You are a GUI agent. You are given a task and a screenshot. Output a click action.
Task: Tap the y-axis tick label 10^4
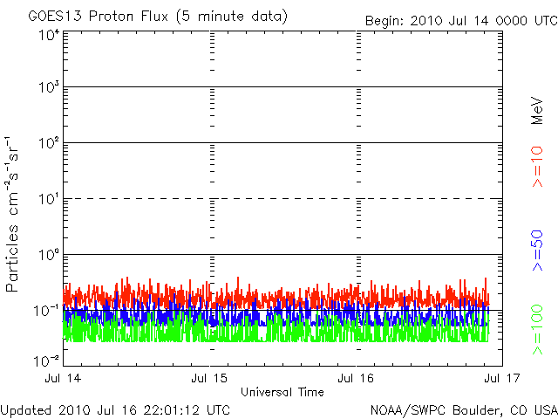(x=48, y=35)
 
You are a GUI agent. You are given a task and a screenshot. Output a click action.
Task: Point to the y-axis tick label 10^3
(x=48, y=87)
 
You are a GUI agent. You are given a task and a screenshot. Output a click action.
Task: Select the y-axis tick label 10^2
(x=48, y=142)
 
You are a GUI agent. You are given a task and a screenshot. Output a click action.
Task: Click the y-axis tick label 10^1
(x=48, y=198)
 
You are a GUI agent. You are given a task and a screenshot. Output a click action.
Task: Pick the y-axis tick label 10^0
(x=48, y=254)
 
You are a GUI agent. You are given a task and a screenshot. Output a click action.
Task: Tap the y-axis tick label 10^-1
(x=46, y=310)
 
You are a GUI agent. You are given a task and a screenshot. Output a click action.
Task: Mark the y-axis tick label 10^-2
(x=46, y=360)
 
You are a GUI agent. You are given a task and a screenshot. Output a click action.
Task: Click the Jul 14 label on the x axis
(x=64, y=379)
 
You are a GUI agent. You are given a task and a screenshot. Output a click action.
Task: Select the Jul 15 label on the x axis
(x=210, y=379)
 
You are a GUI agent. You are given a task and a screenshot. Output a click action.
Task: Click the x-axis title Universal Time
(x=282, y=391)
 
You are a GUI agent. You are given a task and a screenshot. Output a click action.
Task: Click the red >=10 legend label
(x=538, y=167)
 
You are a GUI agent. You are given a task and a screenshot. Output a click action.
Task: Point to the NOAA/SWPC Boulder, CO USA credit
(x=462, y=409)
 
